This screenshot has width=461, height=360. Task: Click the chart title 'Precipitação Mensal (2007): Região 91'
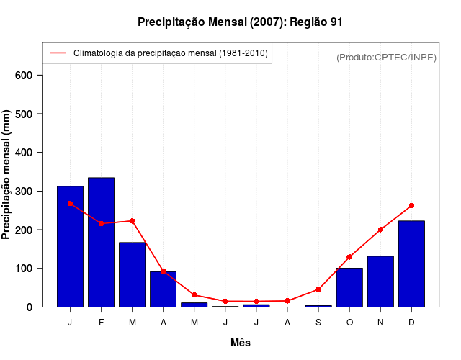240,22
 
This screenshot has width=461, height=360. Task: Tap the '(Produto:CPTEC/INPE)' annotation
386,58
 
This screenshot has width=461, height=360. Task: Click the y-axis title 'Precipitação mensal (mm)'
7,174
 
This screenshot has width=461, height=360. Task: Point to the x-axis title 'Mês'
240,343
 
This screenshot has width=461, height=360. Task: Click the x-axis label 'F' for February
101,323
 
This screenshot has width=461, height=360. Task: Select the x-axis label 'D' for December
411,323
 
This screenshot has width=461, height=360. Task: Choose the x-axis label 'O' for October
349,323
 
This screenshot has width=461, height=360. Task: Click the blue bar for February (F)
101,242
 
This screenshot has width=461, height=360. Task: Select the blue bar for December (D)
411,264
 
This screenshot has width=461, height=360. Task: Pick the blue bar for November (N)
380,282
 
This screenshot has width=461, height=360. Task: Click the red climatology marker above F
101,223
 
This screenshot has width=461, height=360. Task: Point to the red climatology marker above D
411,205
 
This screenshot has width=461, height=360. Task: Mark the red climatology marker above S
318,289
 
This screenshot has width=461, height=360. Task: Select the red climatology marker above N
380,230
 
